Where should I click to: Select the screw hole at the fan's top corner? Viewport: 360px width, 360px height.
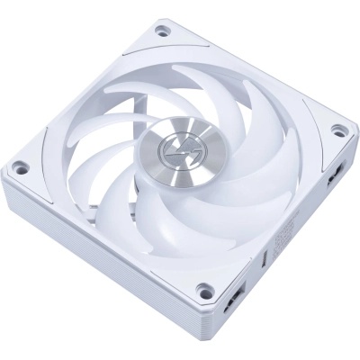tap(163, 30)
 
